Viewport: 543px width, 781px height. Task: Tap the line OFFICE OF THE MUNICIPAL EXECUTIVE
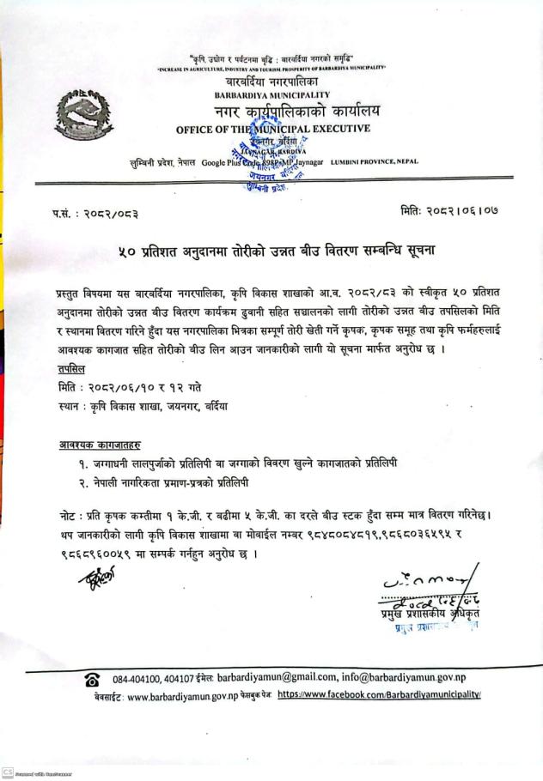point(273,129)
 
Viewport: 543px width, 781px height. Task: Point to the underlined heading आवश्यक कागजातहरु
point(95,445)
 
